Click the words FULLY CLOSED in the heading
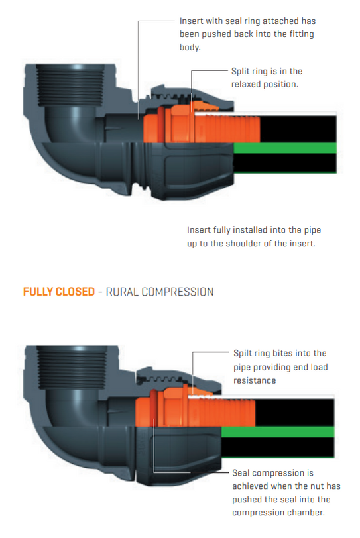59,292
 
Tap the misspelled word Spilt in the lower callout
244,354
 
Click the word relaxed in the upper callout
249,84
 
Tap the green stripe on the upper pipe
285,147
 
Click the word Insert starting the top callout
192,21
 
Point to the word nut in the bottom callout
317,486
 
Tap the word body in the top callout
191,48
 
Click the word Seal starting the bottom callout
243,473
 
